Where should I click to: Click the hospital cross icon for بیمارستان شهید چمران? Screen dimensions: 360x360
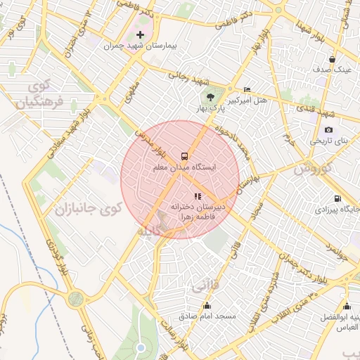pos(140,34)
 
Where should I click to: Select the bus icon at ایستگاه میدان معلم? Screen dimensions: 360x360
pos(185,155)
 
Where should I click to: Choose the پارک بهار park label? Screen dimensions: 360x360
pos(210,108)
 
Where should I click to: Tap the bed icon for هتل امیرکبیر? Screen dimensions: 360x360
pos(246,89)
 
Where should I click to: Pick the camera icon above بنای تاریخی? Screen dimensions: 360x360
pos(328,130)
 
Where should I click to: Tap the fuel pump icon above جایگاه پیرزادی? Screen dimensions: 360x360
pos(337,198)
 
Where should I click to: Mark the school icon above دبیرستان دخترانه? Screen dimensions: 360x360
pos(198,196)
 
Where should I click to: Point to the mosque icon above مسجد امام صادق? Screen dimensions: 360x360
pos(207,305)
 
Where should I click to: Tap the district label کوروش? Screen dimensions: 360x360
pos(311,169)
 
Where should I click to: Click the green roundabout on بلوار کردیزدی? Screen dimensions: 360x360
pos(75,298)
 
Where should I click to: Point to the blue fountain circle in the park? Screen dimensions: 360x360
pos(141,348)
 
